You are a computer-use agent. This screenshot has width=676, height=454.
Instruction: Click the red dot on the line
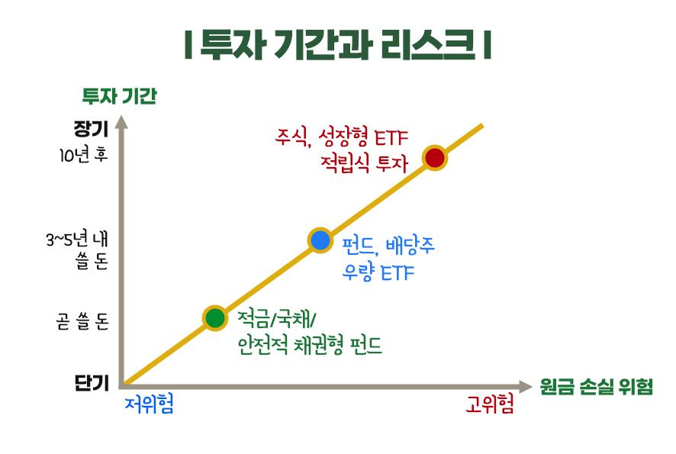[435, 158]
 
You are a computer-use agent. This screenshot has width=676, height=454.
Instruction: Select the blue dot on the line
[320, 240]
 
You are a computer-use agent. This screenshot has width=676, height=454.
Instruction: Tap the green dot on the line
[215, 318]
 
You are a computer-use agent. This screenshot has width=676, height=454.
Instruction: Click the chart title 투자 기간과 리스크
[337, 44]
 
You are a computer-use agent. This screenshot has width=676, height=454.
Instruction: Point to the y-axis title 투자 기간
[120, 95]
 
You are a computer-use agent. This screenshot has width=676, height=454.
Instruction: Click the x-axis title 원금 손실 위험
[597, 387]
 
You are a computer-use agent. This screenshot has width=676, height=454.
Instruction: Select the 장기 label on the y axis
[91, 128]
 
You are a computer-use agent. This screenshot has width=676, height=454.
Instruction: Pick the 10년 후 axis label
[83, 155]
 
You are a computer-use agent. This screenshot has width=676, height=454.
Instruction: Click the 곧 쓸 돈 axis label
[82, 322]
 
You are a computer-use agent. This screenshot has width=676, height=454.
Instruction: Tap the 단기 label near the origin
[92, 383]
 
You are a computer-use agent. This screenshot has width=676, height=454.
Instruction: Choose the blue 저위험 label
[150, 404]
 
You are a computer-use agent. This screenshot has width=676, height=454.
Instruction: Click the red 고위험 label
[490, 404]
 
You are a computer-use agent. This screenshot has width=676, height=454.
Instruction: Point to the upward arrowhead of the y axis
[122, 122]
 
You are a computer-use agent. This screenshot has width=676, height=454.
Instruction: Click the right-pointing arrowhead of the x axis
[526, 387]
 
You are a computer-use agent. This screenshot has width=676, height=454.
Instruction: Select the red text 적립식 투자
[364, 164]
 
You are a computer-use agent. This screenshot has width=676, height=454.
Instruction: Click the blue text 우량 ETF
[378, 272]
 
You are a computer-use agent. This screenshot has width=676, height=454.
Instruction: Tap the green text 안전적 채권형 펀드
[310, 346]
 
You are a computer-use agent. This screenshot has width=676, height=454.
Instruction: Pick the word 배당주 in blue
[410, 246]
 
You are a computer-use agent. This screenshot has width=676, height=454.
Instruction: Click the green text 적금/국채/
[277, 320]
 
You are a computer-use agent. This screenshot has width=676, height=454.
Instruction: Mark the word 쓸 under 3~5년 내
[83, 261]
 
